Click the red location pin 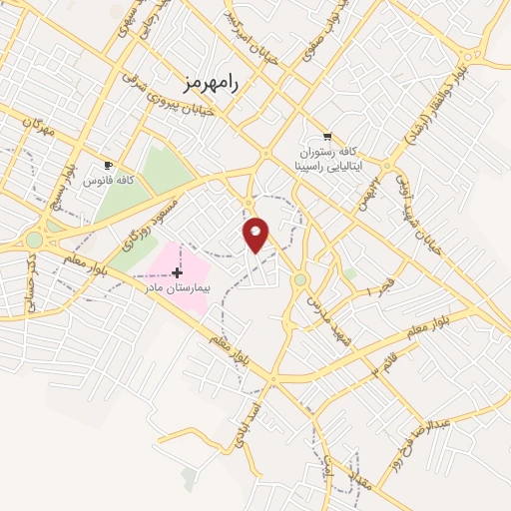(x=256, y=234)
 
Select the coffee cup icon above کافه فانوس (x=108, y=165)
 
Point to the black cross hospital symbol (x=178, y=272)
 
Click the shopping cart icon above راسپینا (x=327, y=137)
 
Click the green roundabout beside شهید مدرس (x=299, y=279)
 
